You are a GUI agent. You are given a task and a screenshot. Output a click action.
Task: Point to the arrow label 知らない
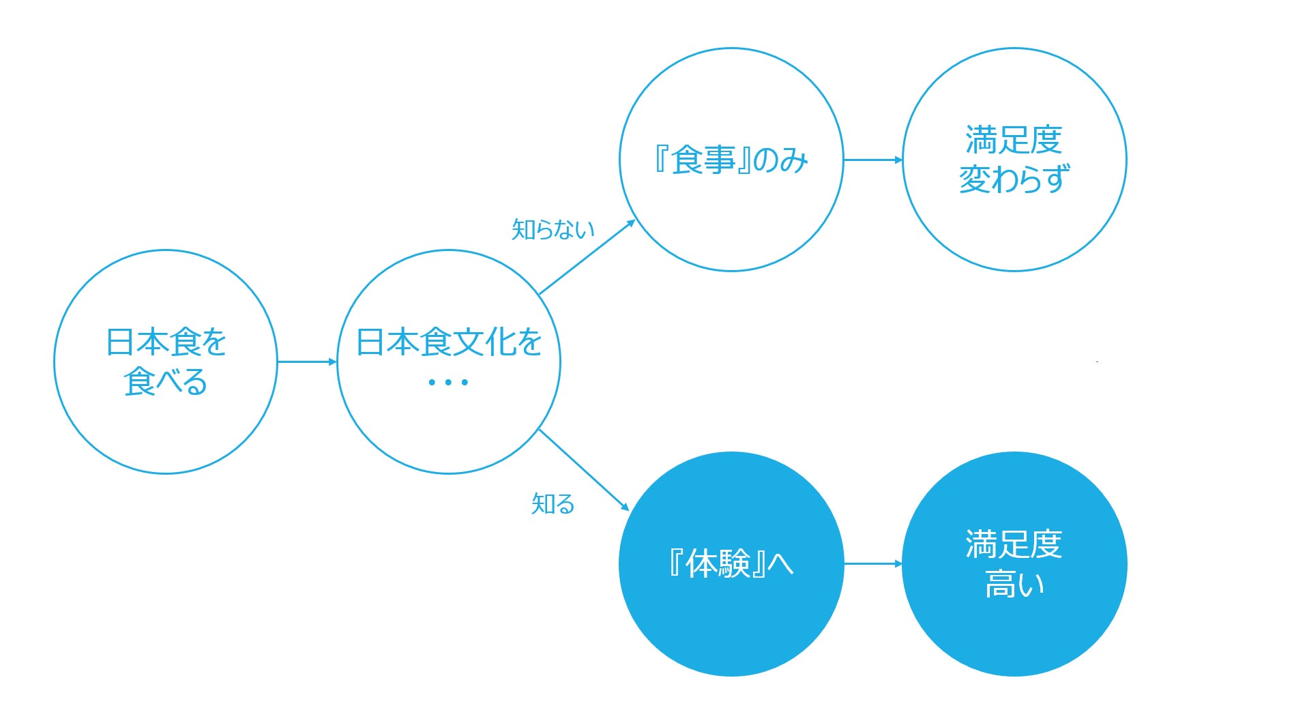(553, 229)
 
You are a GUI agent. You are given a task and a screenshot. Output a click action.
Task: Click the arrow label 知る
(553, 504)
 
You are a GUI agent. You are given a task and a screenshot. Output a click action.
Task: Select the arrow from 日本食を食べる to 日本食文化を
(307, 361)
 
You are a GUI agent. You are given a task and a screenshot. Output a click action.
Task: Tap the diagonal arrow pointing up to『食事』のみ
(587, 257)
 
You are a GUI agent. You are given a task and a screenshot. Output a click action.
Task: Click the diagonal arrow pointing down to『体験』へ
(583, 469)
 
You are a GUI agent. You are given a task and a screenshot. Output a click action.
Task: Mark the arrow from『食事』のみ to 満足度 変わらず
(873, 160)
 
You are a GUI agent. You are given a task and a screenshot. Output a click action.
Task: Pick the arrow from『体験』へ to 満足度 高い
(873, 564)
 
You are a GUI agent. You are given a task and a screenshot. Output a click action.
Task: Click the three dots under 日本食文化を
(448, 383)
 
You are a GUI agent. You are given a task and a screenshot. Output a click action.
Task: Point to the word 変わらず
(1014, 179)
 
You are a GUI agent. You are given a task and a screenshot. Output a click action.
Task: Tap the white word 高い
(1014, 585)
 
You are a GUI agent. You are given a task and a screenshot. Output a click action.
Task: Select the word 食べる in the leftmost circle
(166, 382)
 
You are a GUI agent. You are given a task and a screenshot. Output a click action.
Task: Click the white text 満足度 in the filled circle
(1014, 544)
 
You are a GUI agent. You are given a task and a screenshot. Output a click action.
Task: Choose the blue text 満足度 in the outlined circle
(1014, 140)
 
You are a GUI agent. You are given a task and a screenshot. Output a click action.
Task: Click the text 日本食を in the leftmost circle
(166, 342)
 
